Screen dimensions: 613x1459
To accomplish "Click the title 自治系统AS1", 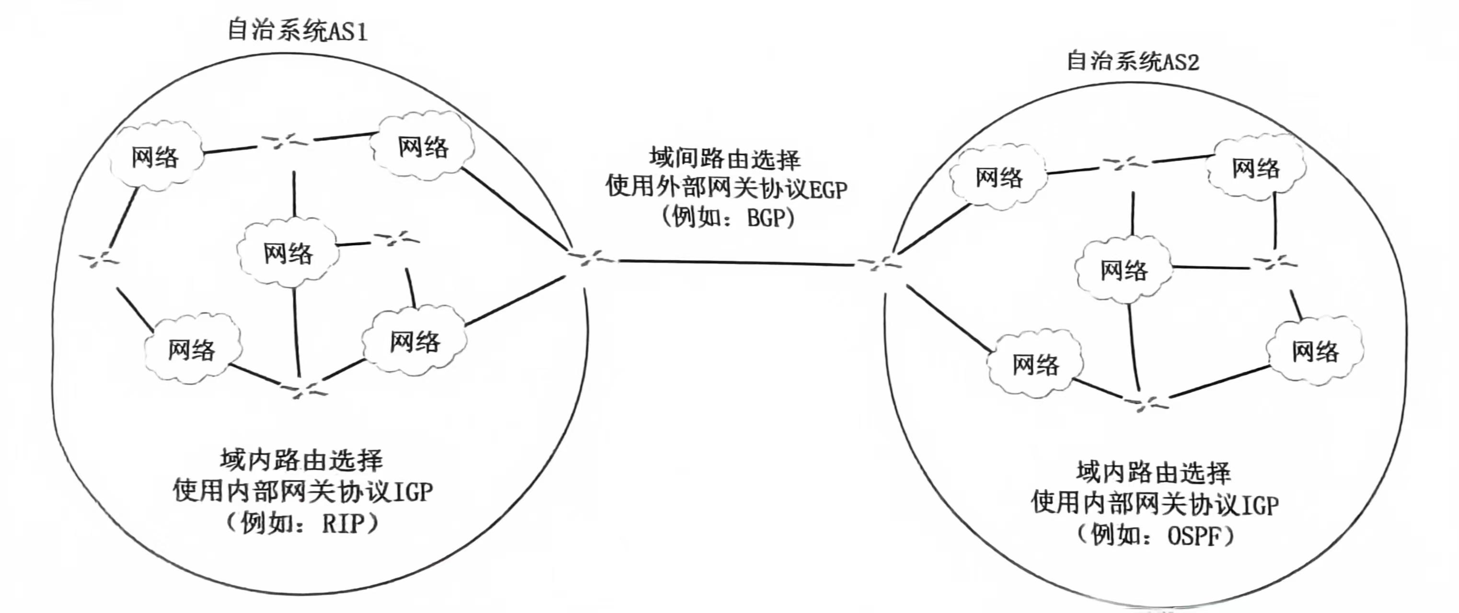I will click(x=297, y=31).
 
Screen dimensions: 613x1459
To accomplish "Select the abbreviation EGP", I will click(x=827, y=190).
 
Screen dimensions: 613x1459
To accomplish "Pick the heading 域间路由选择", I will click(x=725, y=159).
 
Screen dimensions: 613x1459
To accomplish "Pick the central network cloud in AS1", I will click(x=288, y=252).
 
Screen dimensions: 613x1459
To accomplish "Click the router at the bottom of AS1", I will click(x=303, y=389).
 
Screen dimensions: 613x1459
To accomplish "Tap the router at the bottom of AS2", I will click(x=1146, y=403).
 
